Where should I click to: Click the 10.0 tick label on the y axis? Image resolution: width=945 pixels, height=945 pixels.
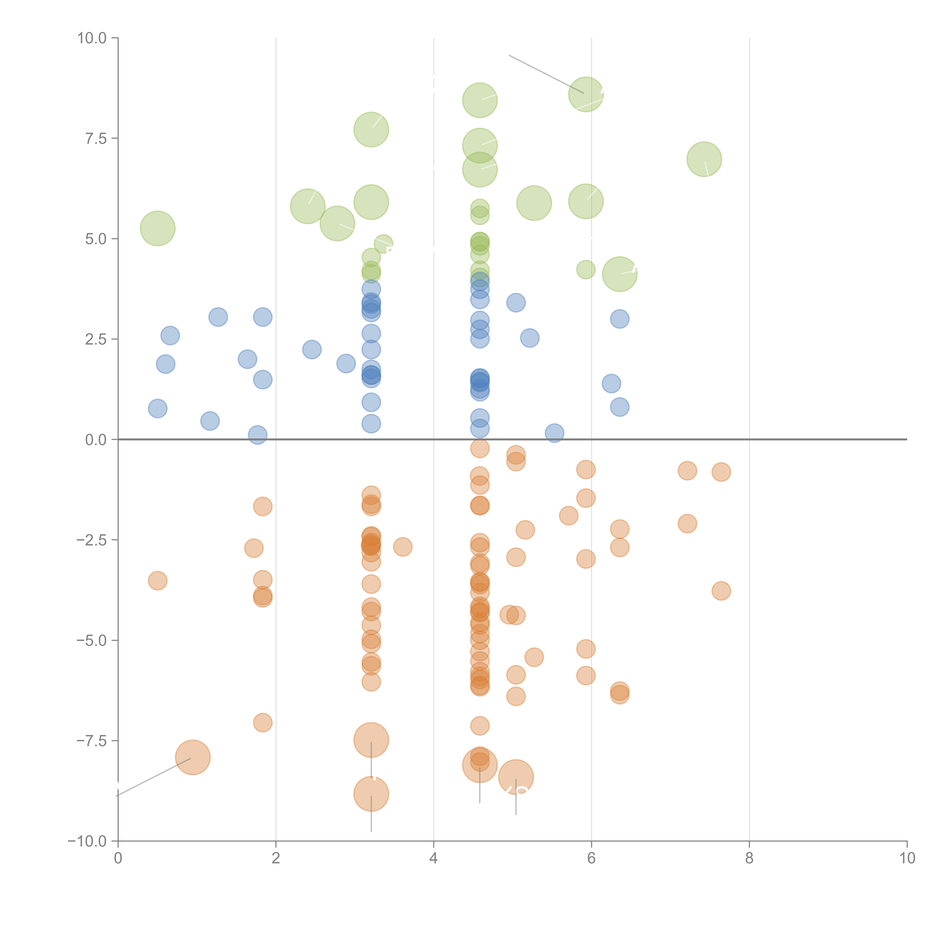coord(92,38)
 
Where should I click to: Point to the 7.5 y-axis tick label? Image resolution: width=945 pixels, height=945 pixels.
coord(96,138)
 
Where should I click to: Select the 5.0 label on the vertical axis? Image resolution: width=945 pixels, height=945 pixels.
coord(96,239)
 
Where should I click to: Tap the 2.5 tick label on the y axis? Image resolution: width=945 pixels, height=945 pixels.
coord(96,339)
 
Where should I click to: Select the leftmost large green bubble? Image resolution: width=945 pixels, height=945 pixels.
coord(157,229)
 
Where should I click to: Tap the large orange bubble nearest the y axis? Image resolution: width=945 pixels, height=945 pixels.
coord(193,758)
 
